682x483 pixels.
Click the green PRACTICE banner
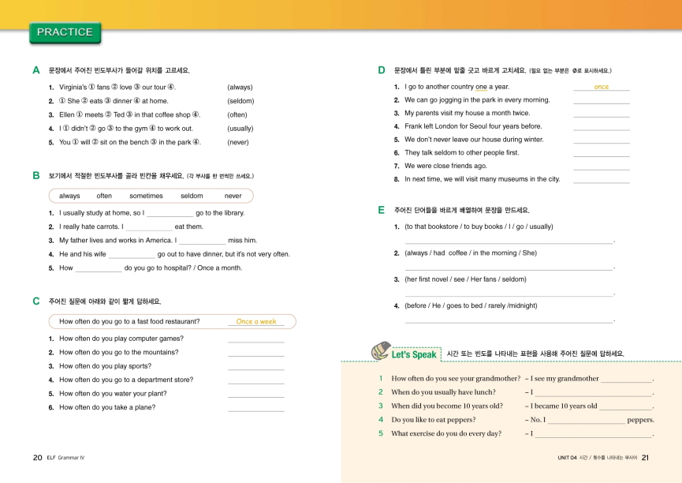[x=65, y=32]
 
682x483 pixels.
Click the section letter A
[x=36, y=70]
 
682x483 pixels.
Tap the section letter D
[x=382, y=70]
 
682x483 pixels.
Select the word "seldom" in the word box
[x=192, y=196]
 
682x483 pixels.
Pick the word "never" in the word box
[x=233, y=196]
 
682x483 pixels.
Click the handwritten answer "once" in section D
[x=601, y=87]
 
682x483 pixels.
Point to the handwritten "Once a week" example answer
[x=256, y=321]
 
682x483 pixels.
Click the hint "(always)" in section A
[x=240, y=87]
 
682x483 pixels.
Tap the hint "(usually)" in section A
[x=240, y=128]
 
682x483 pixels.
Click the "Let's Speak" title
[x=414, y=354]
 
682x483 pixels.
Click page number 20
[x=37, y=457]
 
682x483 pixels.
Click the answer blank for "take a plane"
[x=255, y=409]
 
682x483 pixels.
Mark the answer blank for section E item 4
[x=509, y=320]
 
